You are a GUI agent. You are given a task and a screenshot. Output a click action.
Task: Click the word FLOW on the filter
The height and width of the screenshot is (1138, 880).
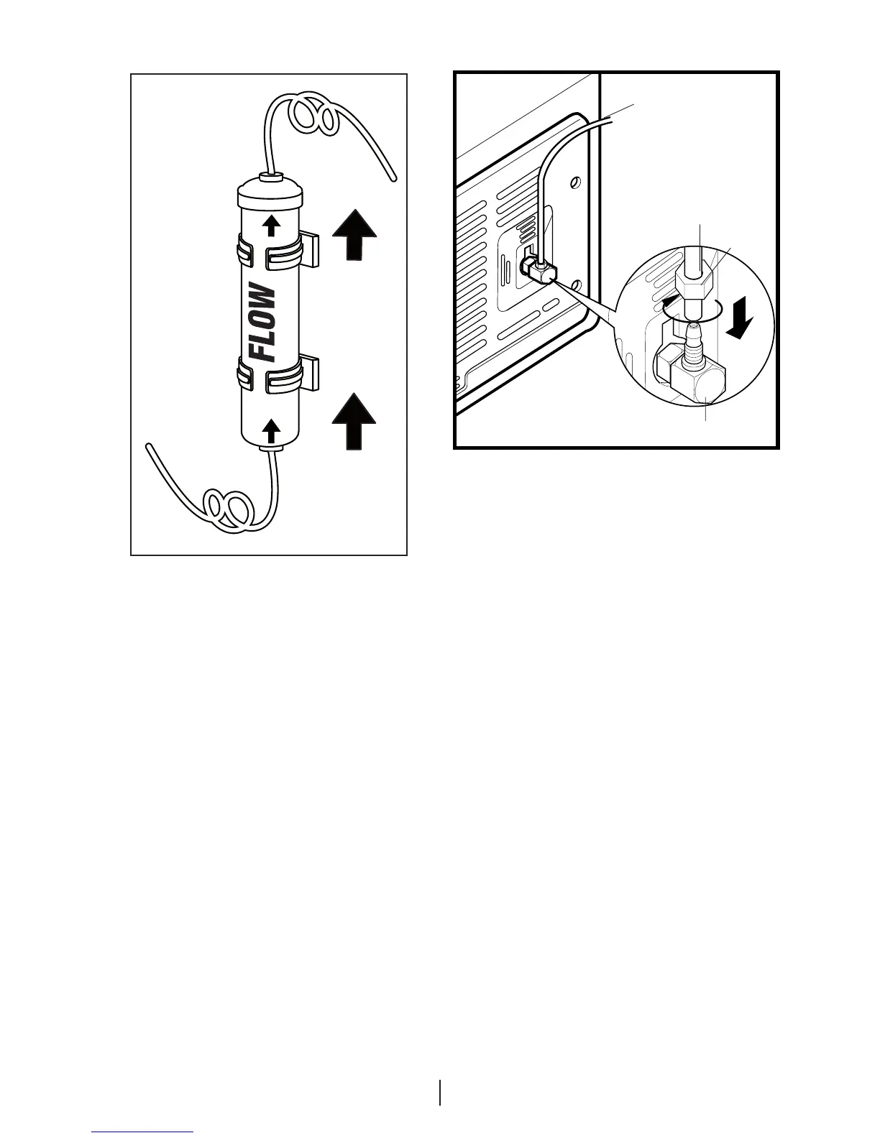pos(263,323)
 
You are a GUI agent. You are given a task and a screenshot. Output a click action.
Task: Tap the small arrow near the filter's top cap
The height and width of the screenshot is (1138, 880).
pos(271,226)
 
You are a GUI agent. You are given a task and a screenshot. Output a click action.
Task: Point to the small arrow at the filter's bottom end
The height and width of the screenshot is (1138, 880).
pos(272,431)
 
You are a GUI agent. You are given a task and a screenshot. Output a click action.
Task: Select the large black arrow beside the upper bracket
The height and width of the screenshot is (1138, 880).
pos(354,233)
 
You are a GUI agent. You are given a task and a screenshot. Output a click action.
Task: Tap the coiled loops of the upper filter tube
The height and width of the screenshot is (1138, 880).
pos(312,116)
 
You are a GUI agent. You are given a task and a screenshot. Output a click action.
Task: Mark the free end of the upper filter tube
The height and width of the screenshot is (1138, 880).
pos(392,179)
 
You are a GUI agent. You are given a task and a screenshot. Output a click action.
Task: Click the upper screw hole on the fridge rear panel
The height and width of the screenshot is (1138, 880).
pos(575,182)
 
